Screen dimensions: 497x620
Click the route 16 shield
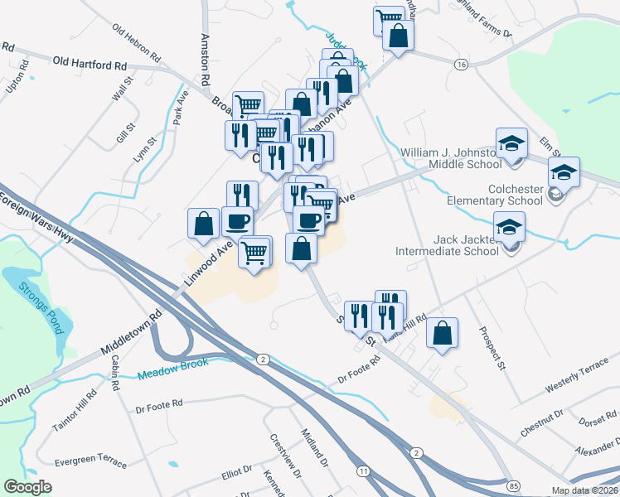pyautogui.click(x=461, y=64)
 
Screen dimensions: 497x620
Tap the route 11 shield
pyautogui.click(x=364, y=470)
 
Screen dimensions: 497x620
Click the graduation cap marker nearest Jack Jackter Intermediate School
pyautogui.click(x=510, y=226)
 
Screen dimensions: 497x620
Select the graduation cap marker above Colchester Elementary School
pyautogui.click(x=564, y=172)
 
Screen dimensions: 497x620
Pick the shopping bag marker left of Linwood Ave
pyautogui.click(x=204, y=224)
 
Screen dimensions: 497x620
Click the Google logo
pyautogui.click(x=27, y=487)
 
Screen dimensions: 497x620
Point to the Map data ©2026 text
pyautogui.click(x=584, y=490)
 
